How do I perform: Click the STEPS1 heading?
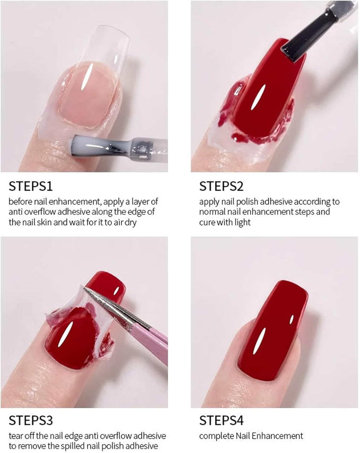click(31, 186)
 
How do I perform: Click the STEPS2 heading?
click(221, 186)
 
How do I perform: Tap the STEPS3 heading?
click(31, 420)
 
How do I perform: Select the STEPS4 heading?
click(221, 420)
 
